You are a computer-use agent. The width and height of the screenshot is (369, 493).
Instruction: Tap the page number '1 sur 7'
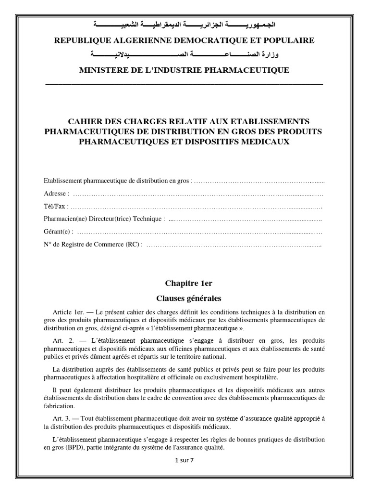(185, 460)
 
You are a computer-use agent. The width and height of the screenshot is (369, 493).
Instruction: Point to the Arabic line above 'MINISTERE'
(184, 55)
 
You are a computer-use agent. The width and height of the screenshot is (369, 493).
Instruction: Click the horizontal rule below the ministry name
(184, 84)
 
